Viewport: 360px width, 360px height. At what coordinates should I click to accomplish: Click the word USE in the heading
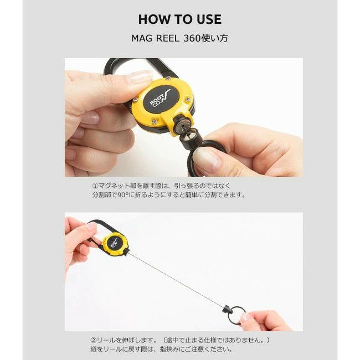click(x=209, y=19)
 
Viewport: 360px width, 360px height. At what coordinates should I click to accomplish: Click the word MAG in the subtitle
click(x=142, y=38)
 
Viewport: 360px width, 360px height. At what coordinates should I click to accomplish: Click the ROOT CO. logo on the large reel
click(x=160, y=97)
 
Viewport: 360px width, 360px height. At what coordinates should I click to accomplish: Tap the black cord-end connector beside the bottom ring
click(x=227, y=310)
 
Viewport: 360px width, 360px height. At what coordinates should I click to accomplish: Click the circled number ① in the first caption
click(x=95, y=186)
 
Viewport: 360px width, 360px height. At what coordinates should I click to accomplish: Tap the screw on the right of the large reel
click(x=188, y=99)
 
